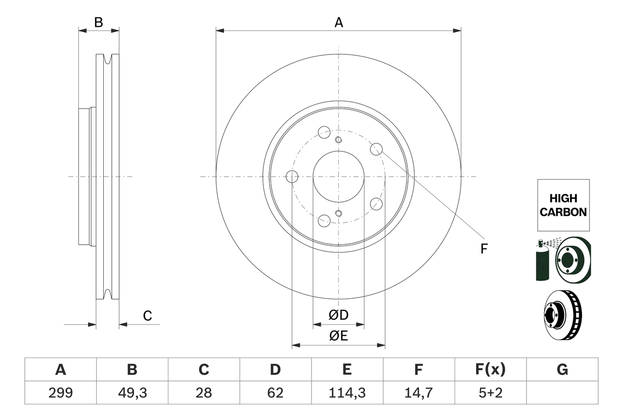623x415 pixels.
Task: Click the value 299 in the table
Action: tap(60, 393)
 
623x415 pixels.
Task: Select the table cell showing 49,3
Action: tap(132, 393)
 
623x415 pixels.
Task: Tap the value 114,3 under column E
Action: tap(347, 393)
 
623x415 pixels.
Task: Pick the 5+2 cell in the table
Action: tap(490, 393)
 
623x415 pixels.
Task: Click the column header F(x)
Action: tap(490, 370)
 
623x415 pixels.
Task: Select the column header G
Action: tap(562, 370)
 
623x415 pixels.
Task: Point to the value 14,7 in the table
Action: tap(418, 393)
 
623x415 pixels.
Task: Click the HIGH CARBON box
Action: tap(563, 205)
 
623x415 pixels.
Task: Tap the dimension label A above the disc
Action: tap(338, 22)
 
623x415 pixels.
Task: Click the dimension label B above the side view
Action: tap(99, 22)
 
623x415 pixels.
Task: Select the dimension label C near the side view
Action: tap(147, 316)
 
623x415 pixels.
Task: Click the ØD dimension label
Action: tap(338, 315)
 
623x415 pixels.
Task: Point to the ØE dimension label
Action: tap(338, 336)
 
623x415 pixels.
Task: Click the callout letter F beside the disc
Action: tap(484, 249)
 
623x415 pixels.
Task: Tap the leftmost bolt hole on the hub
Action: tap(292, 177)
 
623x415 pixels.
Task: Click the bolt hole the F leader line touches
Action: tap(376, 149)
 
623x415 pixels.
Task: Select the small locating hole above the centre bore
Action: tap(338, 140)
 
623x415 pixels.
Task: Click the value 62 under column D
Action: tap(275, 393)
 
